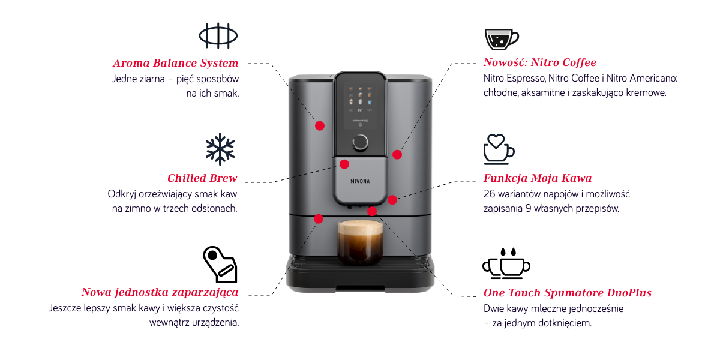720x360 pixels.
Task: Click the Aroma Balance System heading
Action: coord(175,63)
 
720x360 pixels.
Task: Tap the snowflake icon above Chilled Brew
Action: coord(220,149)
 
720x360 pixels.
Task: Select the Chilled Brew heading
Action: coord(202,178)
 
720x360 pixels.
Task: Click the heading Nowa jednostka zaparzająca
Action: coord(160,292)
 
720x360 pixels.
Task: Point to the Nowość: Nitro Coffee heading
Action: coord(540,62)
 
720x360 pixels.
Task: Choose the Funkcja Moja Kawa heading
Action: coord(538,178)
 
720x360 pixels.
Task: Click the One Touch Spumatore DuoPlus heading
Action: coord(568,293)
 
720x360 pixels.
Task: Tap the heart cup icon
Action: coord(499,149)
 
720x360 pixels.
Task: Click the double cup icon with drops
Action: coord(506,263)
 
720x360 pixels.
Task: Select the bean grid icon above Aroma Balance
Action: coord(218,35)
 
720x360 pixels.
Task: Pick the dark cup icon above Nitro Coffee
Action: coord(502,40)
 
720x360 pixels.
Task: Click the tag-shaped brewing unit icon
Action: coord(220,265)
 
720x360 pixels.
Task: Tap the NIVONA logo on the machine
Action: coord(360,181)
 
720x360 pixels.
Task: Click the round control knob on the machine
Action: coord(360,142)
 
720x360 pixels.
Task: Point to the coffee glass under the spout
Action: coord(360,242)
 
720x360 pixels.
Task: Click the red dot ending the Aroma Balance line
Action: coord(319,125)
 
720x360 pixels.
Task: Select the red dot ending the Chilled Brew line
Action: coord(344,164)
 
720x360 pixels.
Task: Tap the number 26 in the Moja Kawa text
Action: coord(489,194)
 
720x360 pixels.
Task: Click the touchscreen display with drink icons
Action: coord(360,106)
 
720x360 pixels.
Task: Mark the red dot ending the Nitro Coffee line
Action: coord(397,155)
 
